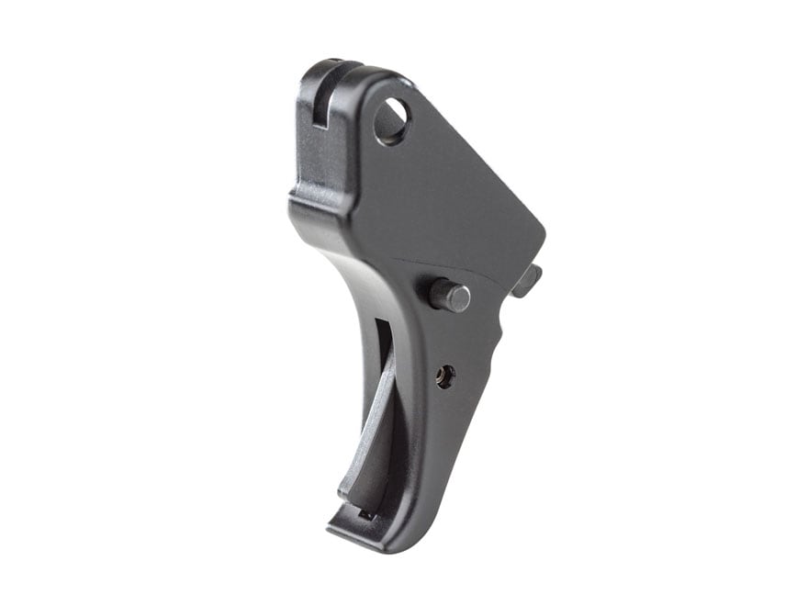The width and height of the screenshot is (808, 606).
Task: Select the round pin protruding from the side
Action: click(x=450, y=296)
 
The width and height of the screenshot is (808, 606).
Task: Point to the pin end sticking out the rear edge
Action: click(x=528, y=280)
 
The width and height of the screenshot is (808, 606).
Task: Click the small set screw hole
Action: click(x=445, y=376)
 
